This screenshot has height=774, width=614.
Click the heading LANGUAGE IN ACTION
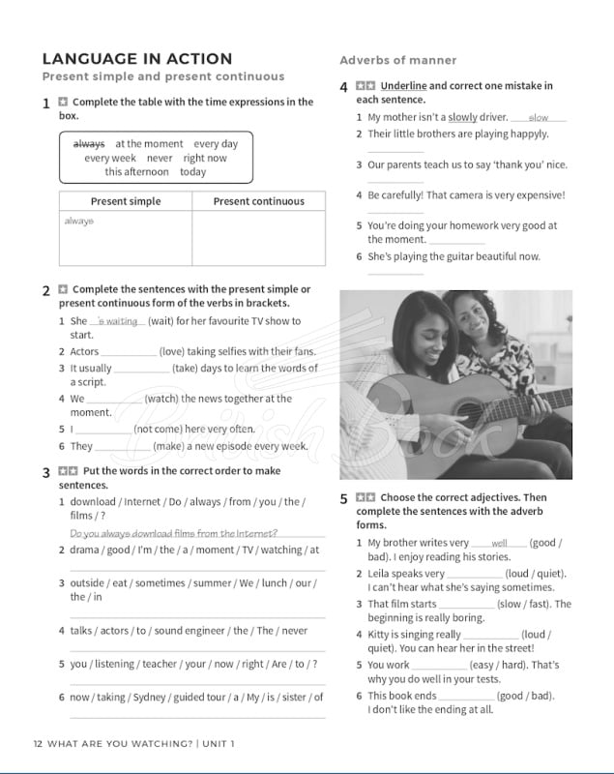coord(136,59)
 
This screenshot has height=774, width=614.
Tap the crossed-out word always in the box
coord(89,144)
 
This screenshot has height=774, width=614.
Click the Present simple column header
coord(126,201)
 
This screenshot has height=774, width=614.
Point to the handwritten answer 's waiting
coord(117,321)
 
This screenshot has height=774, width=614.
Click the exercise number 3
coord(46,472)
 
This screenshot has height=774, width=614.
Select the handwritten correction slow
coord(538,118)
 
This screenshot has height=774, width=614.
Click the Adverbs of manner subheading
coord(397,60)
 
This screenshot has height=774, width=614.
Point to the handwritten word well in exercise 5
coord(499,544)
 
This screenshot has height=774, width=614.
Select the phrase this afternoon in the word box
coord(136,171)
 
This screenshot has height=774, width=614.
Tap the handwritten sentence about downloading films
coord(174,533)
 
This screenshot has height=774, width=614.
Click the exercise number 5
coord(343,499)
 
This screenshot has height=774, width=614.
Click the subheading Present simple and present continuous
coord(163,76)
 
